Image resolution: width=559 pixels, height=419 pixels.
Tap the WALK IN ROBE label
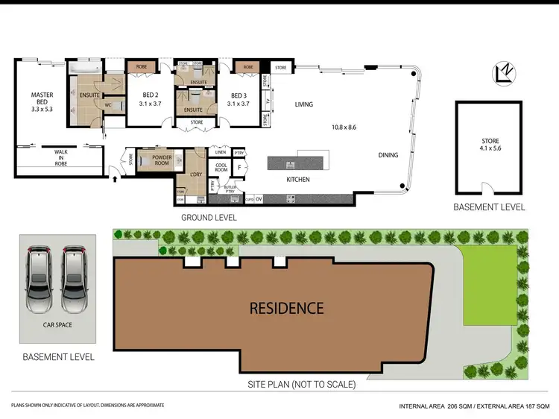60,156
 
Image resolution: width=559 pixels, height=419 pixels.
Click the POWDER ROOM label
162,161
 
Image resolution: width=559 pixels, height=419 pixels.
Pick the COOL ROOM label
221,167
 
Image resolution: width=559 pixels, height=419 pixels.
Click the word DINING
388,155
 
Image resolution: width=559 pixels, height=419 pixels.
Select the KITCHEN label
297,180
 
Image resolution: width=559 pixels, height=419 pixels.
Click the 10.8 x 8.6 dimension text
344,127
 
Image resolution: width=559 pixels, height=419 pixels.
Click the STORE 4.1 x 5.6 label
490,145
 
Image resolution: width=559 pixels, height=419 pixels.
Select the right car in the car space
75,279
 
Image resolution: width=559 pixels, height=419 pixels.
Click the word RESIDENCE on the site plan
286,307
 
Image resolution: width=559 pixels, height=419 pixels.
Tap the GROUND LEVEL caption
209,218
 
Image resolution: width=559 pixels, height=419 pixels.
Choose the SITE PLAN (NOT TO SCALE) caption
302,385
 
